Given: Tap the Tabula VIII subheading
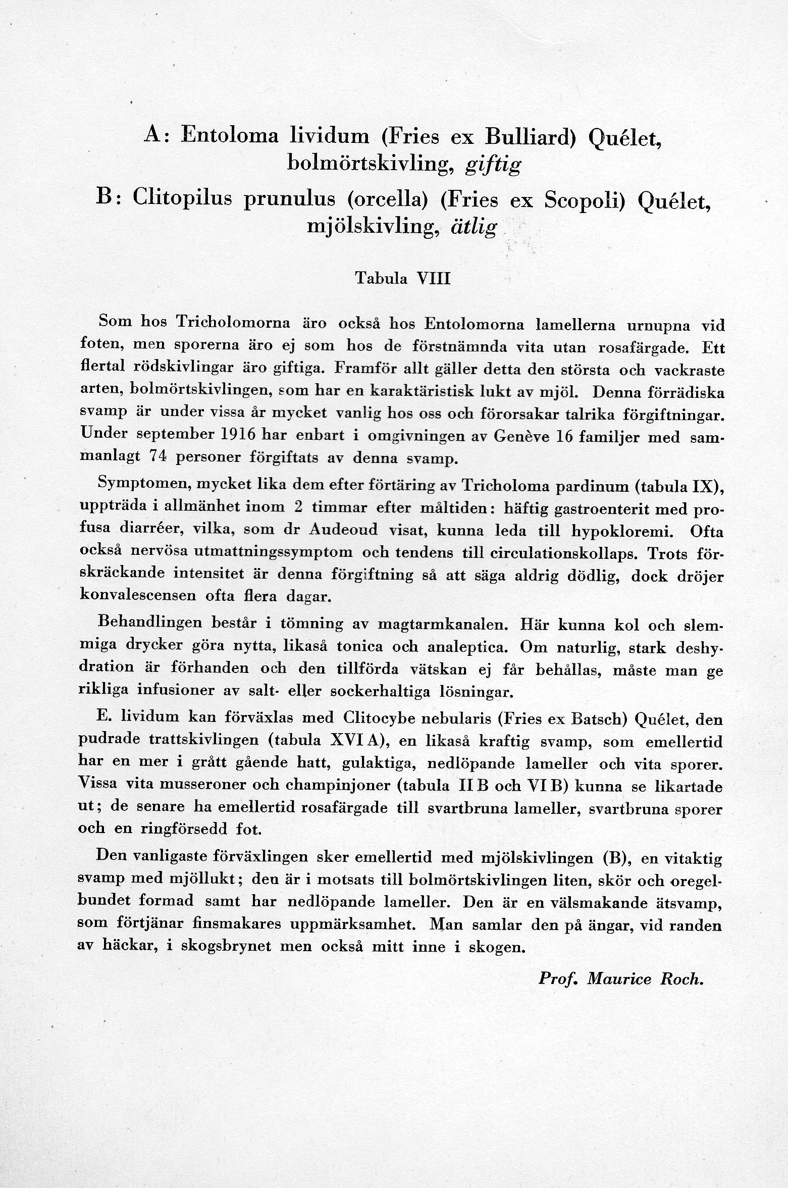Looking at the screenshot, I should coord(402,278).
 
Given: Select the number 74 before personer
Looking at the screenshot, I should coord(158,457).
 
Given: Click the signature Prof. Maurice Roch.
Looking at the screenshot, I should coord(620,978).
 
